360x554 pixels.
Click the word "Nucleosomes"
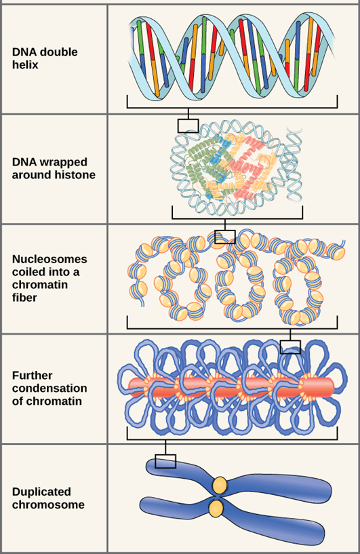(49, 259)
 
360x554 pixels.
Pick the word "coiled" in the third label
(28, 272)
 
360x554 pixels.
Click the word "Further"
(32, 376)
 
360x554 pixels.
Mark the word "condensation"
(49, 389)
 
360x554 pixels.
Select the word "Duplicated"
(41, 492)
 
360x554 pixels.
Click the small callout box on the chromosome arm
(165, 461)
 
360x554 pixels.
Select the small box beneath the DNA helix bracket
(188, 125)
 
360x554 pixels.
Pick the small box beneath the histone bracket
(224, 237)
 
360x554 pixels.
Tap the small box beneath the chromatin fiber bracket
(290, 347)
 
